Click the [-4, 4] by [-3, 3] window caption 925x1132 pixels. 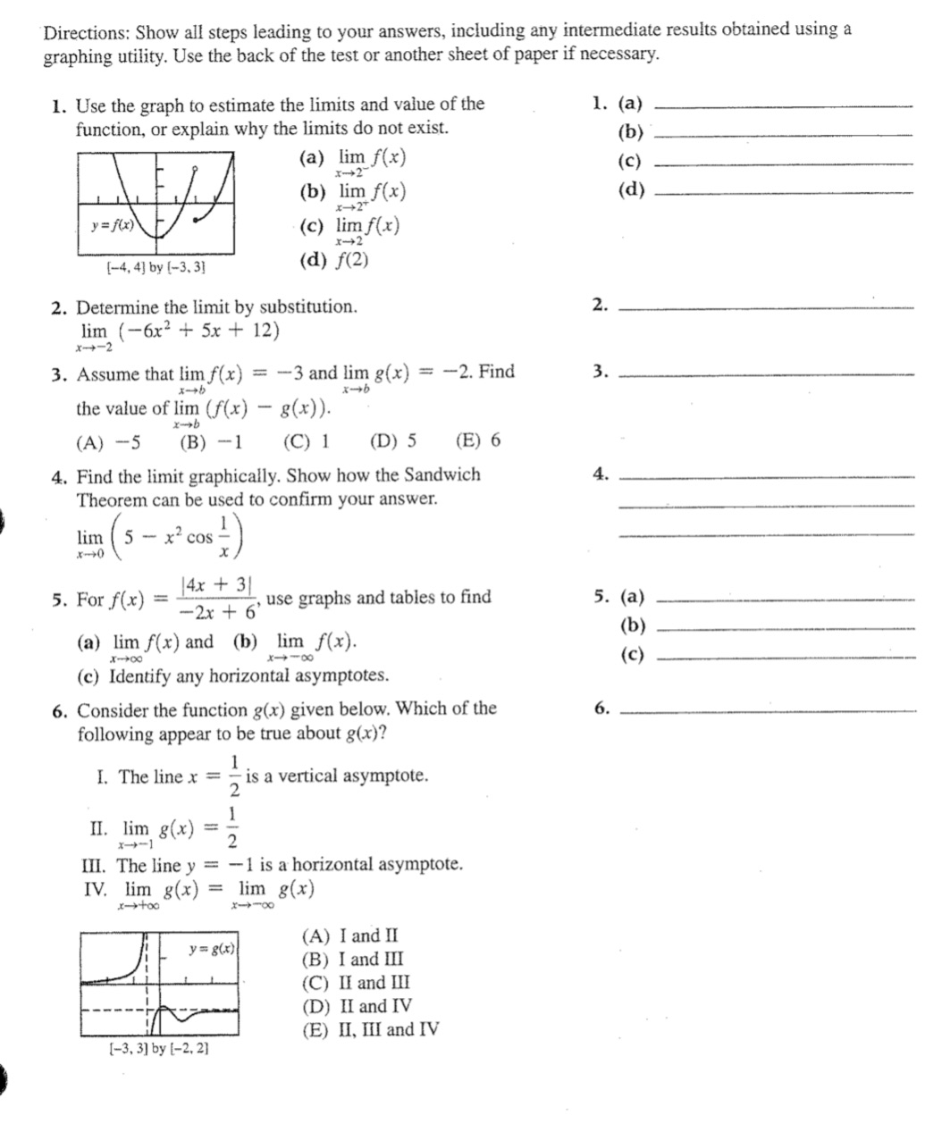pos(157,266)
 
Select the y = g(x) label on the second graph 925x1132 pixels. pos(213,948)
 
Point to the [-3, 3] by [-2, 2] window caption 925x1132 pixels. pos(158,1048)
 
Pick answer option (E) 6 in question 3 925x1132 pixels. pos(478,440)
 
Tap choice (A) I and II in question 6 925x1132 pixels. pos(350,936)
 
